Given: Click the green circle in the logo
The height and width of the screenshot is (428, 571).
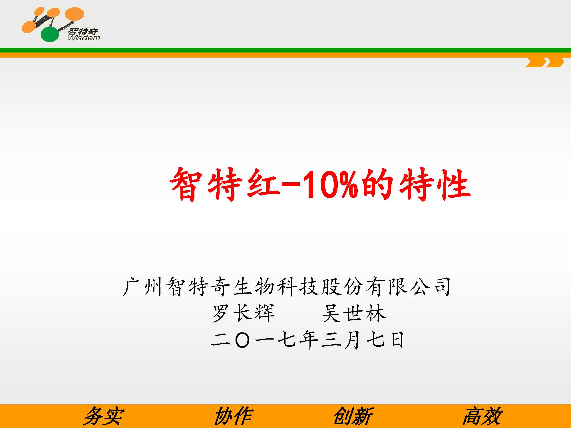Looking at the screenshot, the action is [x=50, y=34].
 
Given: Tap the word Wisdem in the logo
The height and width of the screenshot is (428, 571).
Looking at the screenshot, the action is [x=84, y=38].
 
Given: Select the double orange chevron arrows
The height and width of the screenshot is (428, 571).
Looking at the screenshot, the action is [x=545, y=62].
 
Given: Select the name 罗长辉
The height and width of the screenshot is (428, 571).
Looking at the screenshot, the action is [x=243, y=313].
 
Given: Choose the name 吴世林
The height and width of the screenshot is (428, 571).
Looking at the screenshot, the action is [x=354, y=313].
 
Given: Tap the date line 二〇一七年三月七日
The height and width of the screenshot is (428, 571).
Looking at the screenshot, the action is [x=307, y=340].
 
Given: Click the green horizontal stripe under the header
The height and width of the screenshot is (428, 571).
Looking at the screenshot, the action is [x=285, y=50].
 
